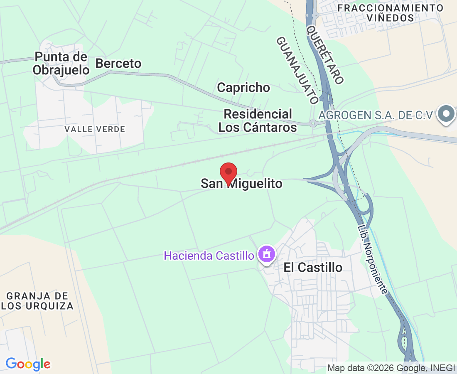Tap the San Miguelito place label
[x=242, y=184]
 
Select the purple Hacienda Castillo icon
[x=266, y=253]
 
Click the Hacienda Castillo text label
[x=209, y=255]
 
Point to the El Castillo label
[x=313, y=267]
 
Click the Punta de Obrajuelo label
[x=61, y=63]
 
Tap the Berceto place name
[x=118, y=64]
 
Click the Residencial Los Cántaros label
[x=258, y=121]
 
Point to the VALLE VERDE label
[x=95, y=130]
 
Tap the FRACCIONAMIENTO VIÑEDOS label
[x=391, y=13]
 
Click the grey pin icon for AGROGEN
[x=447, y=113]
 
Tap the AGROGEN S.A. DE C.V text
[x=376, y=115]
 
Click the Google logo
[x=28, y=364]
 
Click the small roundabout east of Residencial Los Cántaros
[x=312, y=123]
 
